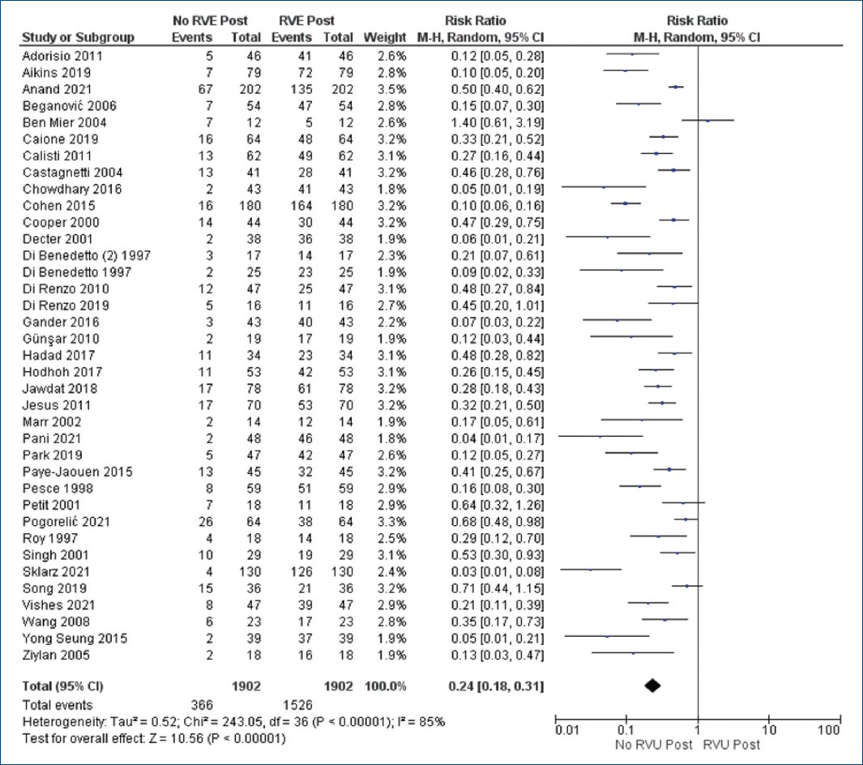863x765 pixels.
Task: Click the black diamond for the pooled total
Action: click(x=653, y=686)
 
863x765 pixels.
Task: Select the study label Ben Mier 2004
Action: click(x=64, y=122)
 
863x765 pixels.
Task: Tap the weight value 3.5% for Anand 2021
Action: click(x=392, y=89)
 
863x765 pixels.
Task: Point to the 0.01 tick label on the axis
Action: click(x=567, y=730)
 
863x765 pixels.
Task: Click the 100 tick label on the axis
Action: click(x=829, y=730)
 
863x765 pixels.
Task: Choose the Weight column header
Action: click(x=385, y=37)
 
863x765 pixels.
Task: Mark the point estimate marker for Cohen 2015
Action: click(x=626, y=203)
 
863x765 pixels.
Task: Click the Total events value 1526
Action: click(x=297, y=705)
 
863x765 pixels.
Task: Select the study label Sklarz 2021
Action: click(x=56, y=571)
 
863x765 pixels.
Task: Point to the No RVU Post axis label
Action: click(x=653, y=745)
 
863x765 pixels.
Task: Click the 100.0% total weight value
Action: click(x=385, y=686)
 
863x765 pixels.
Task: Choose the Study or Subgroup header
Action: click(x=78, y=37)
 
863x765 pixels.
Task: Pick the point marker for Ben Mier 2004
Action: click(x=707, y=120)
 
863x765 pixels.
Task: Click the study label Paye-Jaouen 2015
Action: click(x=78, y=472)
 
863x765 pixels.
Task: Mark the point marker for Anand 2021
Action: click(x=676, y=87)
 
